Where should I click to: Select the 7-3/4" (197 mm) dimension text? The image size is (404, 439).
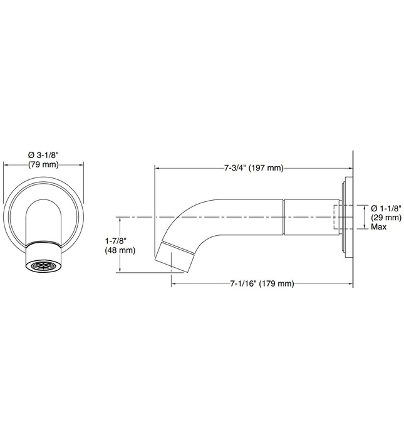(x=254, y=168)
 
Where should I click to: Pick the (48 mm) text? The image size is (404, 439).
(x=120, y=251)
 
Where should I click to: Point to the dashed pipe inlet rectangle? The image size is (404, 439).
(x=338, y=217)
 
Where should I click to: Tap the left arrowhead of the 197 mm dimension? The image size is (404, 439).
(x=158, y=168)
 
